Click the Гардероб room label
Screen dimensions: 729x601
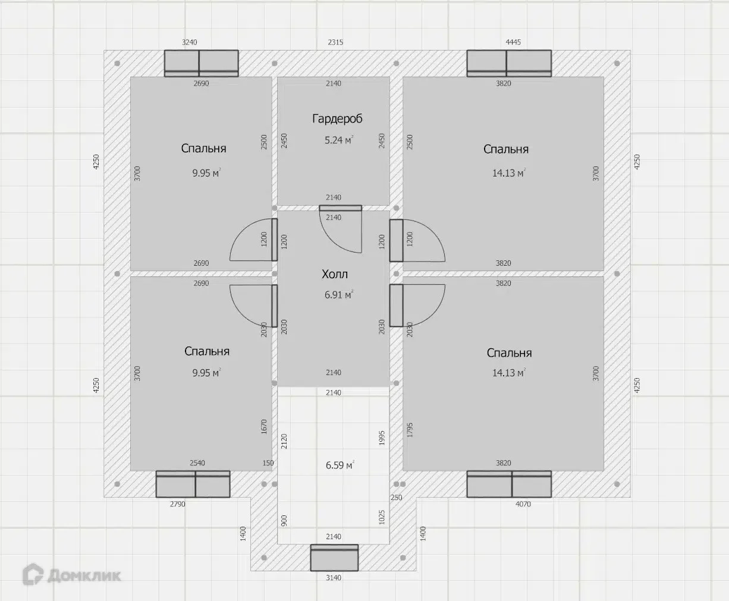coord(337,119)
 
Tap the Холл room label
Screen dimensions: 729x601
coord(335,274)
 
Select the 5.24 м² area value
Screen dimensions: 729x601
coord(339,140)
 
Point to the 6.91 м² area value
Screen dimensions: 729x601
coord(339,295)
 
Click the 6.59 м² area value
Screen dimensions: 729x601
coord(340,465)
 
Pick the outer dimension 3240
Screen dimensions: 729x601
coord(190,42)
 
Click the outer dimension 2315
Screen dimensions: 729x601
coord(335,42)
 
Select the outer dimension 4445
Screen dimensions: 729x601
coord(513,42)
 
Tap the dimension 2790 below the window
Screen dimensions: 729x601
coord(178,504)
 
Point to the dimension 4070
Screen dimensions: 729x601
coord(523,504)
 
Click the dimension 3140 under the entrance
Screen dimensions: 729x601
coord(334,578)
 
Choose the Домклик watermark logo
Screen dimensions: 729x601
coord(71,574)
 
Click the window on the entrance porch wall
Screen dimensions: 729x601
coord(335,558)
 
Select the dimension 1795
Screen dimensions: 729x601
coord(410,430)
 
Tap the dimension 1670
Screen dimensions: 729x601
coord(264,427)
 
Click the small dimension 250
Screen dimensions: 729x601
coord(396,498)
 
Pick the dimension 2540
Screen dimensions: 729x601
coord(197,463)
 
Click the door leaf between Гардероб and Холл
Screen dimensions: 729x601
coord(340,208)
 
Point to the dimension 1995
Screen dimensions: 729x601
coord(382,438)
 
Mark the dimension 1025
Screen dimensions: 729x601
coord(382,517)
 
